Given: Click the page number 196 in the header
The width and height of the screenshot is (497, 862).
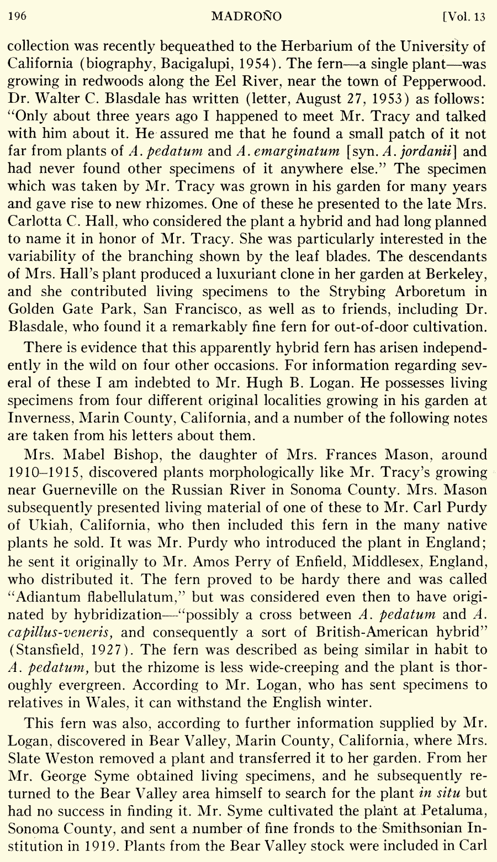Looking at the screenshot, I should coord(18,17).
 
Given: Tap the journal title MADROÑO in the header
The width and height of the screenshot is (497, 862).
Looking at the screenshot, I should coord(246,17).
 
